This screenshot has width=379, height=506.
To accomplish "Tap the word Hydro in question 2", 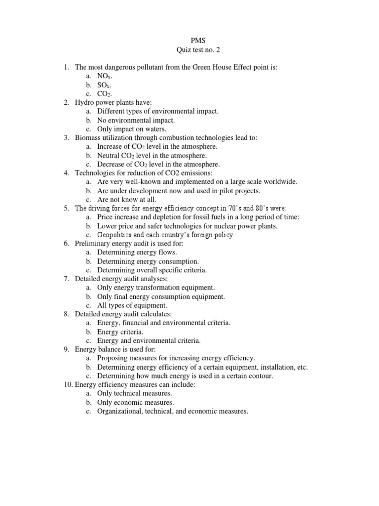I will point(84,102).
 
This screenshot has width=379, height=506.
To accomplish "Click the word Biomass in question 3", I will point(88,138).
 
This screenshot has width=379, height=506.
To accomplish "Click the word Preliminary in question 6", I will point(93,244).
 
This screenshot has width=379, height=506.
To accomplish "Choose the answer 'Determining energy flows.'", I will point(137,253).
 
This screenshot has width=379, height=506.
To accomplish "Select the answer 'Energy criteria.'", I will point(120,332).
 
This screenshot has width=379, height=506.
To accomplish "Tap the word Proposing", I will point(113,358).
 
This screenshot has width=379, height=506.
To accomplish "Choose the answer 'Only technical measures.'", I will point(134,394).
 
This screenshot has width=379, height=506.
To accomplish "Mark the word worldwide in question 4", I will point(280,182).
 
